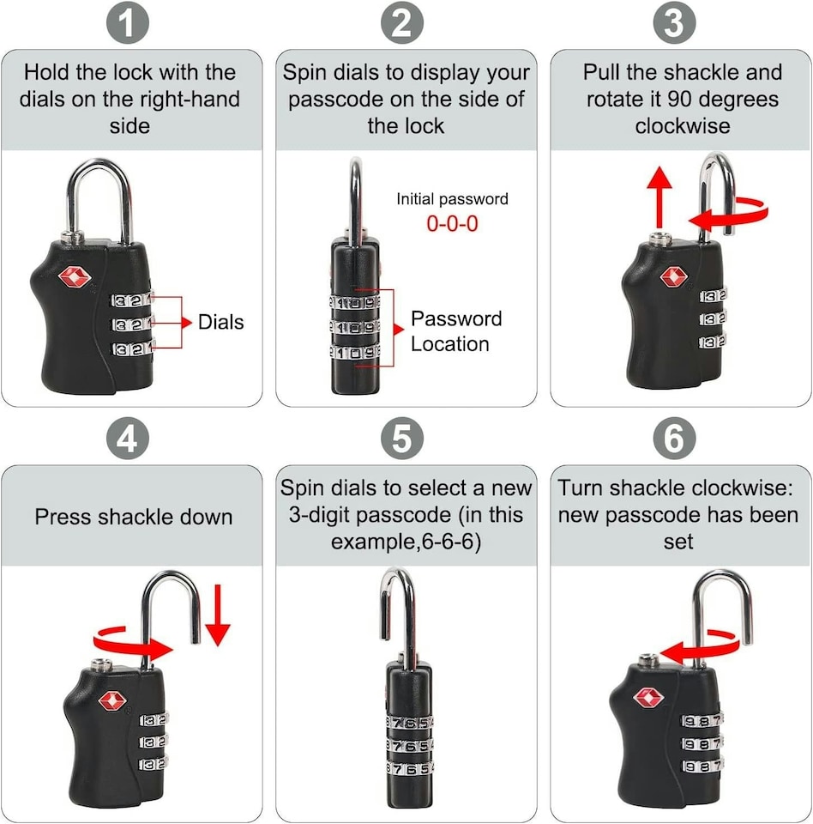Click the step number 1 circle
[x=127, y=24]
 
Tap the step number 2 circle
[x=401, y=24]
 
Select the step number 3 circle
[x=674, y=24]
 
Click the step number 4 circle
[x=127, y=439]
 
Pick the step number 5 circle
[x=401, y=439]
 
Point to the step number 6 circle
[x=674, y=439]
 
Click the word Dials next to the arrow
[x=220, y=323]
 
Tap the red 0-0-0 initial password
[x=452, y=223]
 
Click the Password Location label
[x=455, y=331]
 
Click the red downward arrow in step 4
[x=218, y=615]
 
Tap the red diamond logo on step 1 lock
[x=73, y=277]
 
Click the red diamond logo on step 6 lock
[x=647, y=697]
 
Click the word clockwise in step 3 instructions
[x=682, y=126]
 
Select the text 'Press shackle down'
[x=133, y=517]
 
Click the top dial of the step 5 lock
[x=409, y=723]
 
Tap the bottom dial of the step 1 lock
[x=132, y=348]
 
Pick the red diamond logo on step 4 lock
[x=112, y=700]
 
